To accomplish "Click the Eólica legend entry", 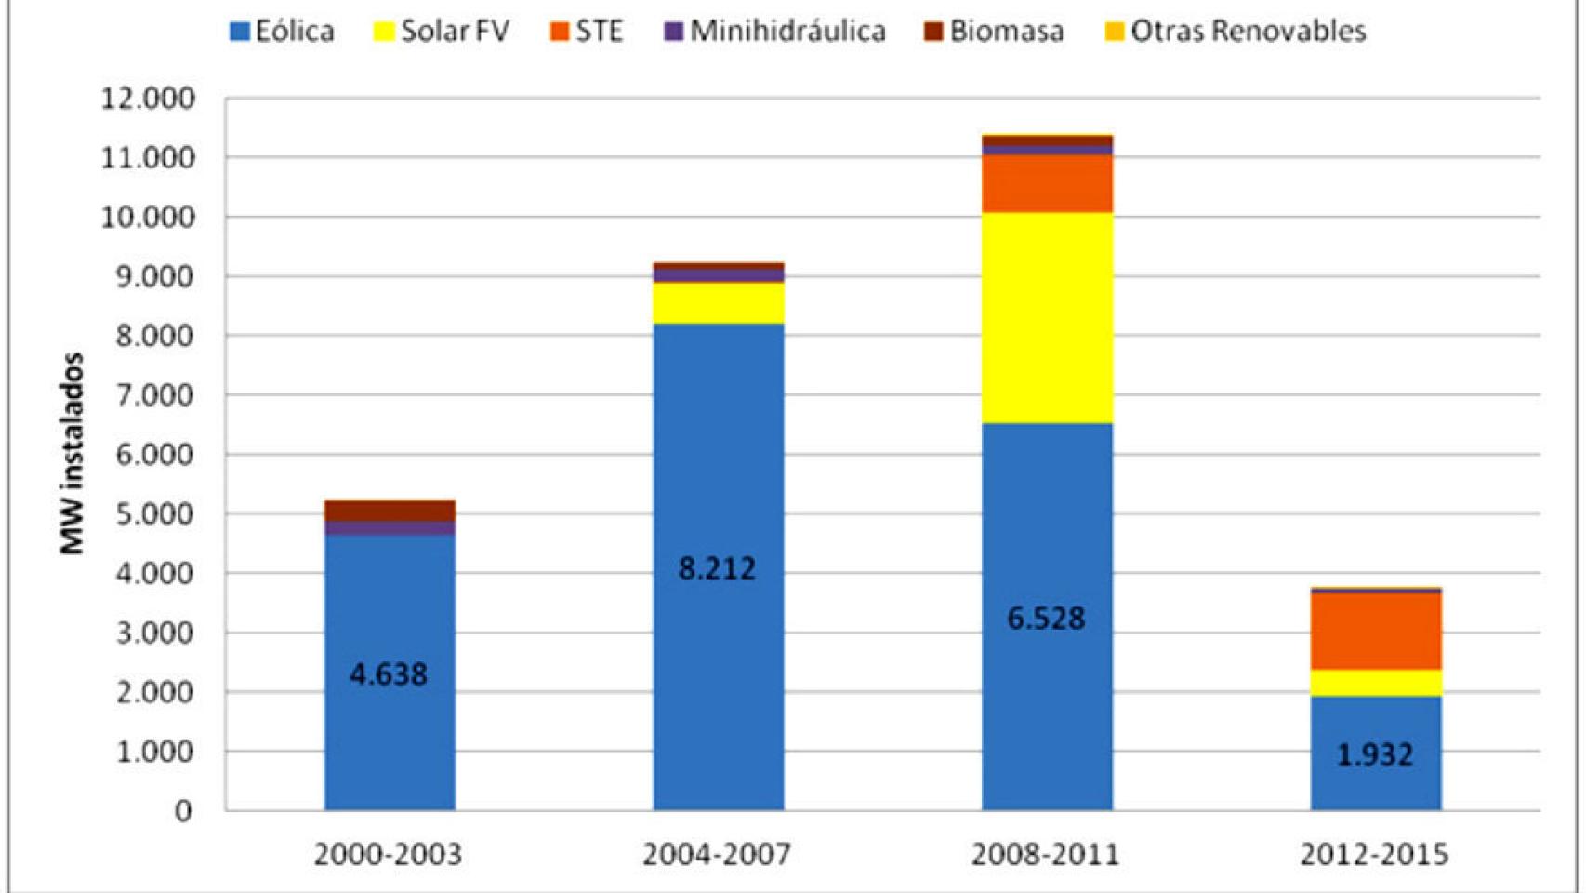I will pyautogui.click(x=282, y=31).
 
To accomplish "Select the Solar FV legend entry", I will pyautogui.click(x=442, y=31).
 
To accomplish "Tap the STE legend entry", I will pyautogui.click(x=587, y=31).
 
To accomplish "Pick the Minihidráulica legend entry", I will pyautogui.click(x=775, y=31).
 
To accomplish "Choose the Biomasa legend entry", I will pyautogui.click(x=994, y=31).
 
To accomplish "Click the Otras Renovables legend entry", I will pyautogui.click(x=1236, y=31).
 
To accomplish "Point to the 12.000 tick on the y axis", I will pyautogui.click(x=149, y=98).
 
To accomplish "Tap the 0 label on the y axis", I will pyautogui.click(x=183, y=811).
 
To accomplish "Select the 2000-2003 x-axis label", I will pyautogui.click(x=388, y=854).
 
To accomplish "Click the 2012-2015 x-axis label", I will pyautogui.click(x=1374, y=854).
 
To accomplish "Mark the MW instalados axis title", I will pyautogui.click(x=72, y=454).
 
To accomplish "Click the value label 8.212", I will pyautogui.click(x=717, y=568).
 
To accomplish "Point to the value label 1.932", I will pyautogui.click(x=1374, y=754).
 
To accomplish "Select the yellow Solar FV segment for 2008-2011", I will pyautogui.click(x=1047, y=318).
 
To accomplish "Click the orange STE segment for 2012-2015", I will pyautogui.click(x=1376, y=631).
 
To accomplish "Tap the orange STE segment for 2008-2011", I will pyautogui.click(x=1047, y=183).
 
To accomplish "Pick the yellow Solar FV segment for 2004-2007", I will pyautogui.click(x=718, y=302).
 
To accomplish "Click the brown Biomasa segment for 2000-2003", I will pyautogui.click(x=390, y=511).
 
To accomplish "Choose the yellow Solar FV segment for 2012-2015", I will pyautogui.click(x=1376, y=682).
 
